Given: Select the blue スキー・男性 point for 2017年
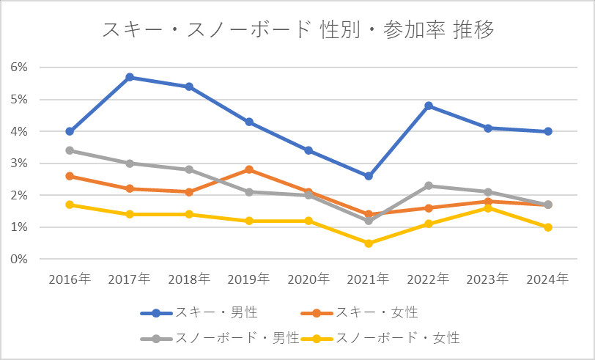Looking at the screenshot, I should point(130,77).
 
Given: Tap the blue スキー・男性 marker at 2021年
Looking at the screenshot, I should point(369,176).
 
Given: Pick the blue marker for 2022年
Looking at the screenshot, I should point(429,106).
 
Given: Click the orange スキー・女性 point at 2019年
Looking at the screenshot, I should point(249,169).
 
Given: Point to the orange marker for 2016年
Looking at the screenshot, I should point(70,176).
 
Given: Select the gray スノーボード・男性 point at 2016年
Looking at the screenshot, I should point(70,150).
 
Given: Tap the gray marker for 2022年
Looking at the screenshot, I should point(429,185).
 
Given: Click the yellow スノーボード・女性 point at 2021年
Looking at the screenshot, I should point(369,243).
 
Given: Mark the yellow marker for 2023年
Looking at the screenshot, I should point(488,208).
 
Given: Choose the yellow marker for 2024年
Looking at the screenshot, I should point(547,227).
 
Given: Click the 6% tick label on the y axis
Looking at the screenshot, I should point(19,67).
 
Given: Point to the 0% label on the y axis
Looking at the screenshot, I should point(19,260).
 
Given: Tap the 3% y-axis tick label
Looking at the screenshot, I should point(19,164).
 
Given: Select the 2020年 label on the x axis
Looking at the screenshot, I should point(308,279).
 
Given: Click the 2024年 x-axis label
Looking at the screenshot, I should point(547,279).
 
